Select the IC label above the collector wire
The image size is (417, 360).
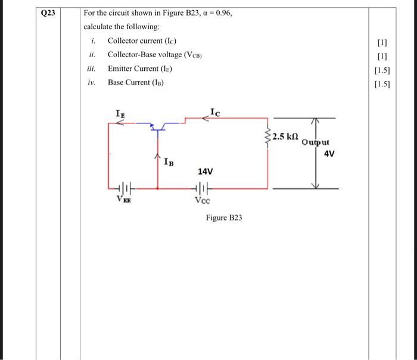point(214,110)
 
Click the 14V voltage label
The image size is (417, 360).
point(205,171)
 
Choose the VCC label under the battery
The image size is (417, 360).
point(202,200)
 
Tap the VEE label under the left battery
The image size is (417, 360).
point(123,200)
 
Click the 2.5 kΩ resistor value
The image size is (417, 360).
point(286,136)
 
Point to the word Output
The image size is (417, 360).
point(315,142)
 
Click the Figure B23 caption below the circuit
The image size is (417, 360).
point(224,218)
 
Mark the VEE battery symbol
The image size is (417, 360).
point(124,188)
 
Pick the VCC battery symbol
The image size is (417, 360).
point(201,188)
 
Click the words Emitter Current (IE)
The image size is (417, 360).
point(139,69)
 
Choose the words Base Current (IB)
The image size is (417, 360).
point(135,82)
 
